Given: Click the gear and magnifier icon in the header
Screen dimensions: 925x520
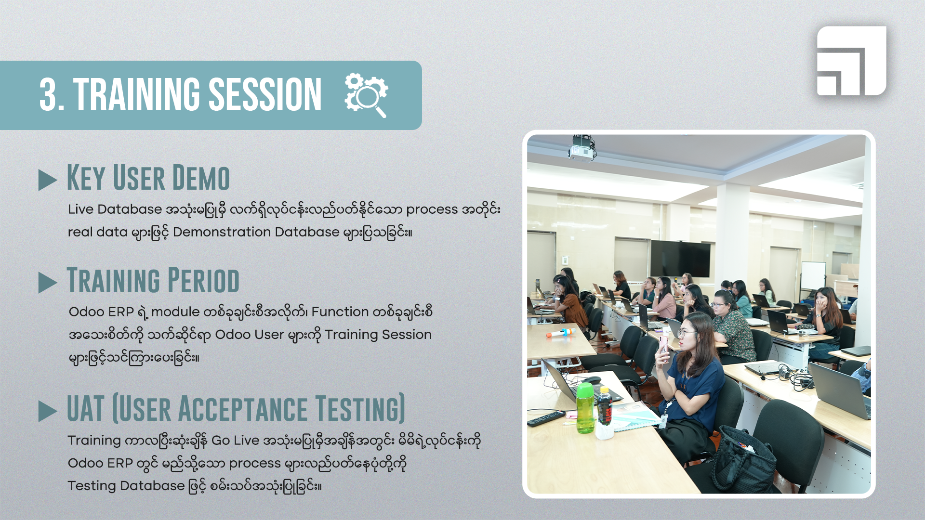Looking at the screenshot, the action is (x=366, y=95).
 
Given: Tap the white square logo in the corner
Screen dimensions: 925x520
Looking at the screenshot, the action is (x=851, y=61).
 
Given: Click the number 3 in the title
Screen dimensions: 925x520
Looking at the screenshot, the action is (x=48, y=95).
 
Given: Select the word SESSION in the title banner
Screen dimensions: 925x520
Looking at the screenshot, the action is (x=265, y=95).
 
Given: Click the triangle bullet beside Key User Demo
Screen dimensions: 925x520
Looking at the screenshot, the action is (x=47, y=180).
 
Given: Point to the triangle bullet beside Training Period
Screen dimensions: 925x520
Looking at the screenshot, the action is (x=47, y=283).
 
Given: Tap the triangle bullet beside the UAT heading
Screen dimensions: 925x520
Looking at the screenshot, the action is (x=47, y=411).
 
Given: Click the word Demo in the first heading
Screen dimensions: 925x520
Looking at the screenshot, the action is (x=201, y=178).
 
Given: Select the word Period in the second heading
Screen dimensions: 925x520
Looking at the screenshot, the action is (x=203, y=280).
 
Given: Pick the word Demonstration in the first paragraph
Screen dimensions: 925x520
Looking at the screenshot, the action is (x=222, y=232).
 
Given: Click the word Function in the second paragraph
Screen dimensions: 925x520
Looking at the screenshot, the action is (x=340, y=312).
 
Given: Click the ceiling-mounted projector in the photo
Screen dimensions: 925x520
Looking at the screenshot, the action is (x=582, y=148).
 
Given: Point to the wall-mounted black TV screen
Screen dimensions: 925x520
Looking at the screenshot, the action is (x=680, y=259).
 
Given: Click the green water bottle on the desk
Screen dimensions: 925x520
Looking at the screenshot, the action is (x=585, y=408).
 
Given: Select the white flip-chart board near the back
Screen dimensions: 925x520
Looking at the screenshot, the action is (x=813, y=276).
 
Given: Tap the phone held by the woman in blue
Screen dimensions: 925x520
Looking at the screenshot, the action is (x=663, y=347).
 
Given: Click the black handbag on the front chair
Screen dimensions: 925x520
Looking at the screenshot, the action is (x=744, y=459).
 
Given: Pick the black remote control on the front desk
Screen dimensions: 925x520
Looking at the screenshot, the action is (x=546, y=418).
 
